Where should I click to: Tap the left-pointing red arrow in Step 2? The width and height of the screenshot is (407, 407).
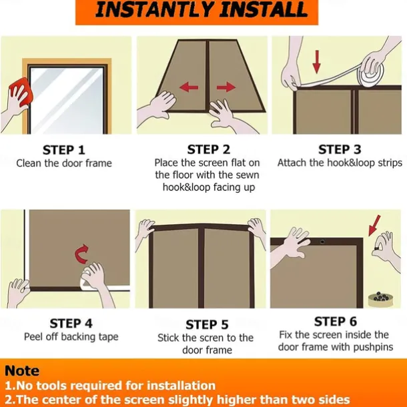pos(189,87)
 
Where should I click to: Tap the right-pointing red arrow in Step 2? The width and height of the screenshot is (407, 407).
pos(226,87)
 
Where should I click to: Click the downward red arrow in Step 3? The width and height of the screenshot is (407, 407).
pos(316,62)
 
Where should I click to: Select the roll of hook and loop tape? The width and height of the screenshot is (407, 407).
pos(372,73)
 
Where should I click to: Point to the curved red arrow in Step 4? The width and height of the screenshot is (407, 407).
pos(81,254)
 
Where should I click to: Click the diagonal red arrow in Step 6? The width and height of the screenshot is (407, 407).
pos(374,226)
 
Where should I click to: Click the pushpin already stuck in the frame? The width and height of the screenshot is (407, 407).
pos(322,242)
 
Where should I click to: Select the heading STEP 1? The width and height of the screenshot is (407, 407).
pos(64,150)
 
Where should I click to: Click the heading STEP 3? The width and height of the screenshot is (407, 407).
pos(340,149)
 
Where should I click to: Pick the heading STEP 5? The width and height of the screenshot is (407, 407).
pos(207,325)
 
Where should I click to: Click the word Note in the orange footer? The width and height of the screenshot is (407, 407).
pos(22,371)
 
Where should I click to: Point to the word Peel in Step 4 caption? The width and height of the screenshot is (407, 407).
pos(33,337)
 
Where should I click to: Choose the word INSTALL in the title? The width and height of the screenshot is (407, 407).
pos(265,10)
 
